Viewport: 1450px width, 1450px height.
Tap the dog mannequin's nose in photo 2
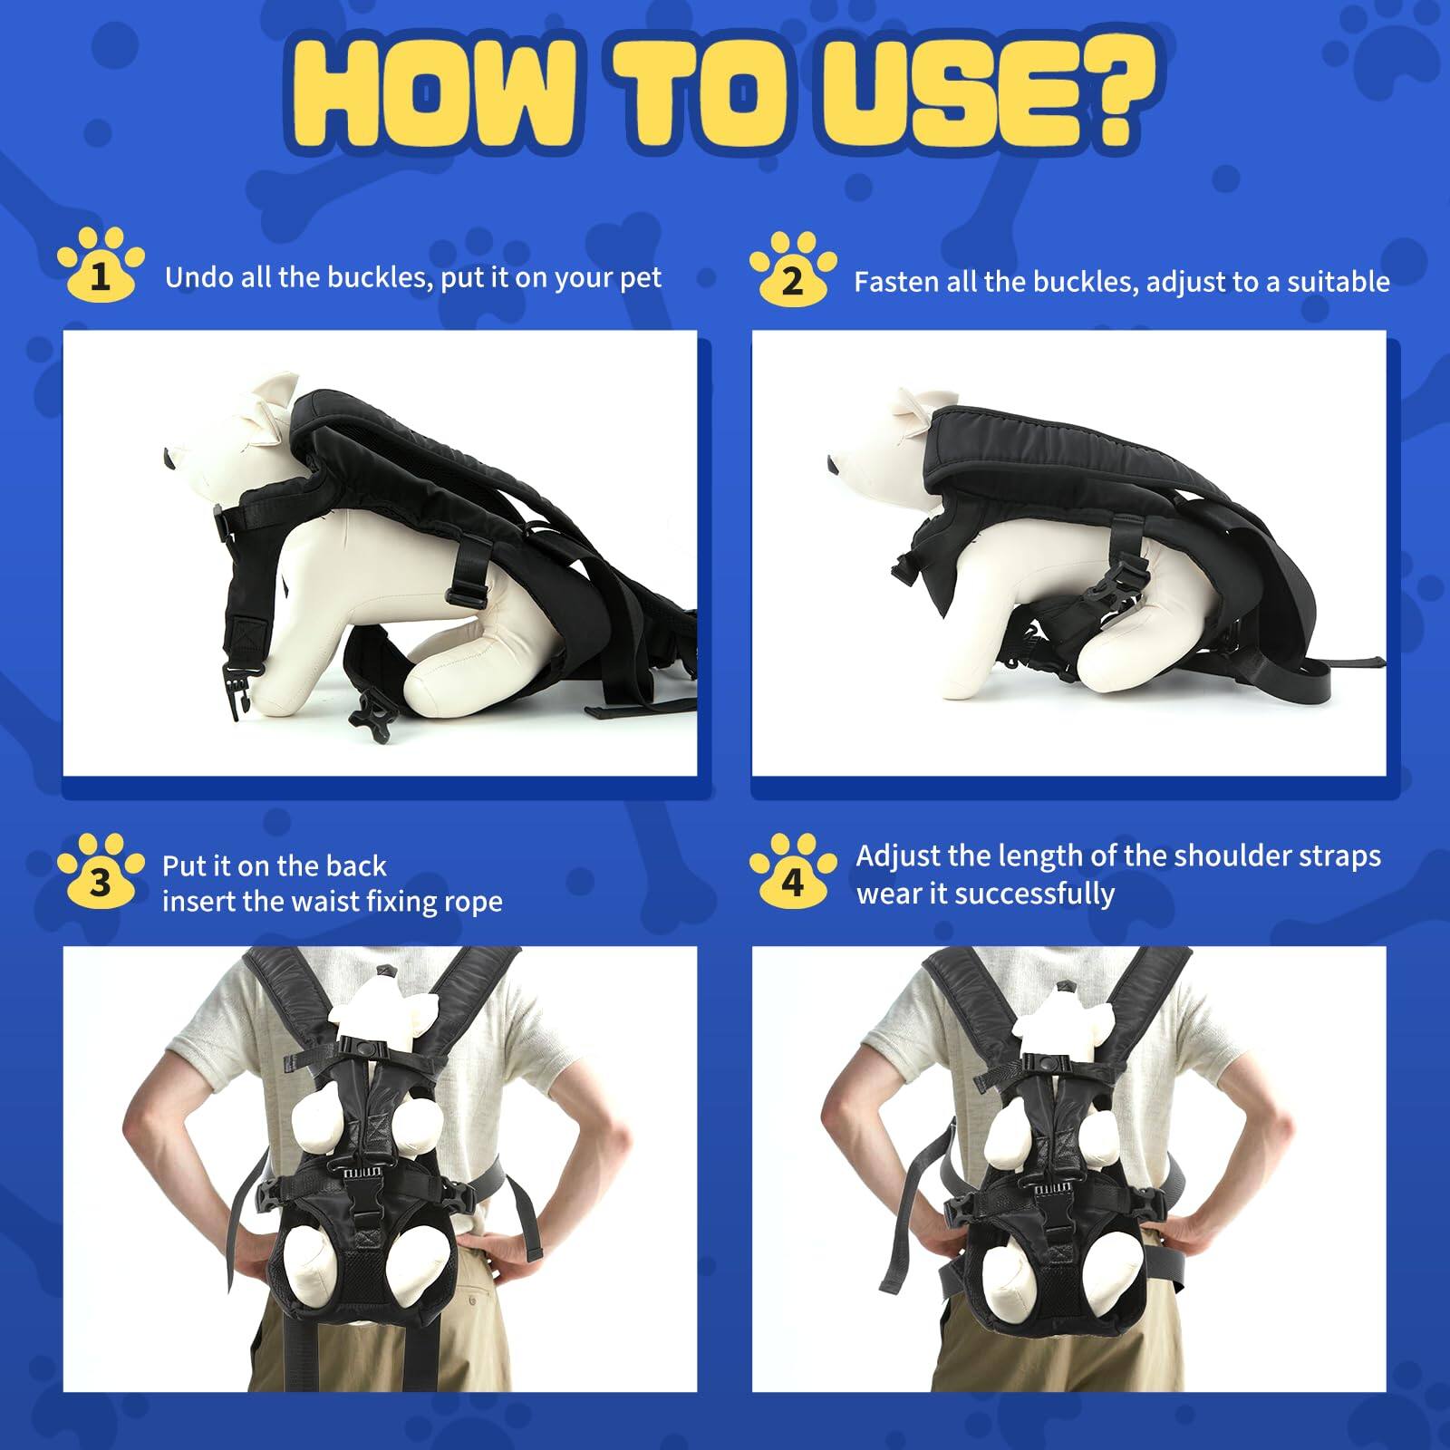[x=833, y=465]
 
